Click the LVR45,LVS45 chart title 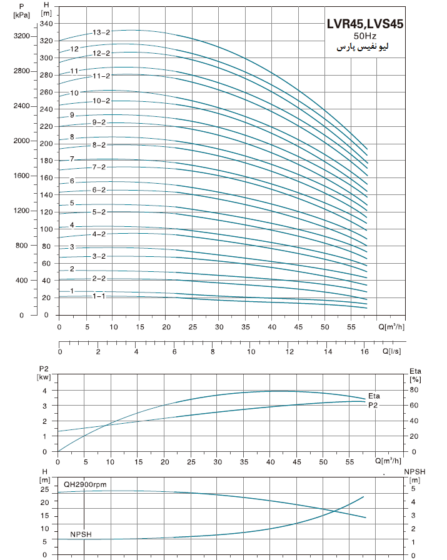click(365, 24)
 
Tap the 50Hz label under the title click(365, 36)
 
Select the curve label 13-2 click(101, 32)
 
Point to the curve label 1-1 click(99, 296)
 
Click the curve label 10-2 click(101, 101)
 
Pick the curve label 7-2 click(99, 167)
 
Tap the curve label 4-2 click(99, 234)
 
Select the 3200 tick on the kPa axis click(22, 36)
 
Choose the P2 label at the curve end click(373, 405)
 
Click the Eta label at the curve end click(374, 396)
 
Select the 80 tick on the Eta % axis click(413, 391)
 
